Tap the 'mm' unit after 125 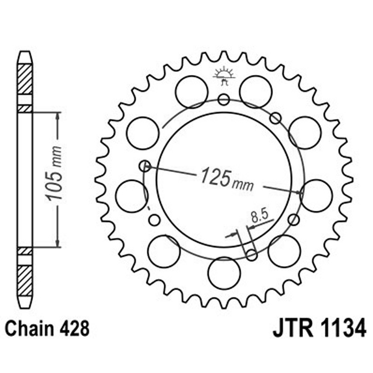(x=243, y=184)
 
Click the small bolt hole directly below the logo (x=224, y=99)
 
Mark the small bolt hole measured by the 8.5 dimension (x=251, y=255)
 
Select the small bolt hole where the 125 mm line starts (x=145, y=165)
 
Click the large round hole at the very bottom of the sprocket (x=224, y=273)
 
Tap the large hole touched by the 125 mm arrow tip (x=317, y=196)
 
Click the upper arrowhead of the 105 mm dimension (x=57, y=116)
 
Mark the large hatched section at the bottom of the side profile (x=25, y=280)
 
